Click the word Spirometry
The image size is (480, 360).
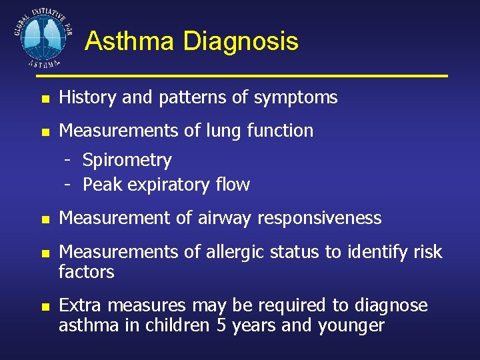[127, 161]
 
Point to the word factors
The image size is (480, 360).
[87, 271]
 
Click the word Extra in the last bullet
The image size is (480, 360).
[81, 305]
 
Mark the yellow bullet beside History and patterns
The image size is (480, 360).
[44, 99]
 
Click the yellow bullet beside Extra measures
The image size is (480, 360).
[44, 307]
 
